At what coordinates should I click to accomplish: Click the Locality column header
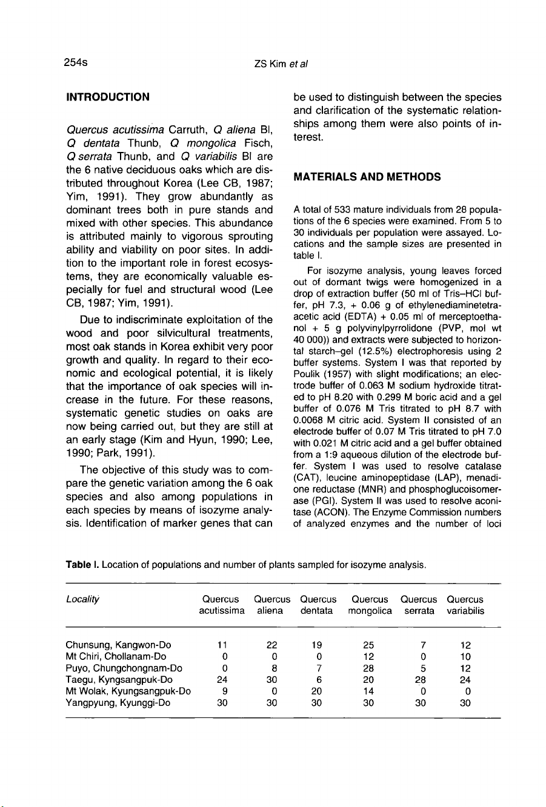(82, 600)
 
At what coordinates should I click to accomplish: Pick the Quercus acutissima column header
(221, 605)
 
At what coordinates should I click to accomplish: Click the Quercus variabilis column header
(465, 605)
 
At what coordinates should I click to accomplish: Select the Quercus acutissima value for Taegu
(224, 680)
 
